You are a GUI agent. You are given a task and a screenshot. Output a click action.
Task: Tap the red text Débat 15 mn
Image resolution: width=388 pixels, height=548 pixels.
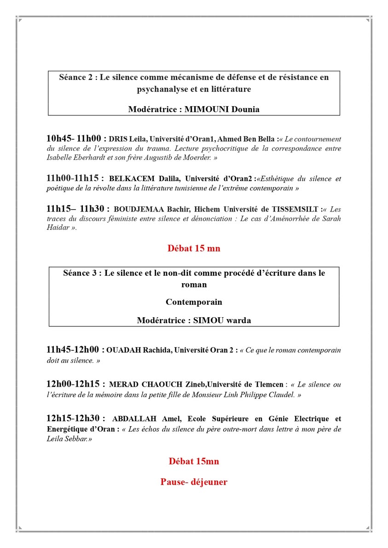[x=194, y=248]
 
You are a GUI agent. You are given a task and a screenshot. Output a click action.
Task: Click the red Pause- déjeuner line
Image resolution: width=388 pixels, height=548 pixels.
[x=194, y=482]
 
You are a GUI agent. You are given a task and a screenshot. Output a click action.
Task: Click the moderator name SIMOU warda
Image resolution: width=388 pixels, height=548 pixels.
[x=220, y=320]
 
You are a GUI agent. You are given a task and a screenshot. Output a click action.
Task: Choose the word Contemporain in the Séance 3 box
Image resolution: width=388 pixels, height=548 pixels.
[x=194, y=302]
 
